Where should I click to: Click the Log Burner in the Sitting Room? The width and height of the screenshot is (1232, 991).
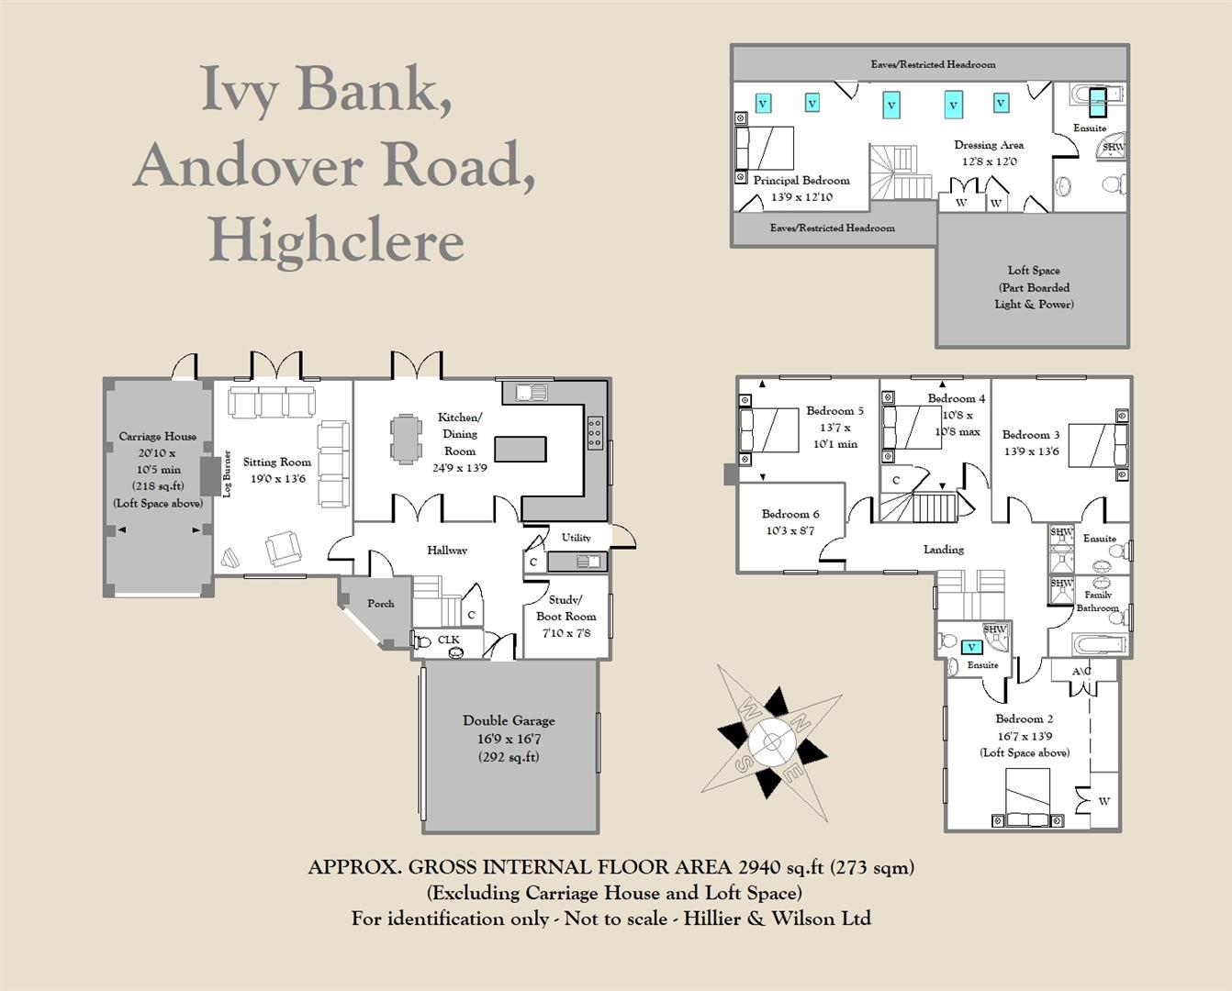click(x=207, y=474)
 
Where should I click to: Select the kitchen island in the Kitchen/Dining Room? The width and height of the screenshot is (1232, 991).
click(x=521, y=449)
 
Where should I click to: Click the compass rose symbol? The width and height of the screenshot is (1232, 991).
click(x=772, y=742)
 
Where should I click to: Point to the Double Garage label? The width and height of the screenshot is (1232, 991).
click(x=509, y=720)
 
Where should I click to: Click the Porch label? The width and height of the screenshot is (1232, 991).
click(x=381, y=603)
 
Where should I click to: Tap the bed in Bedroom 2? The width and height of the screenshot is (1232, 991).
click(x=1027, y=797)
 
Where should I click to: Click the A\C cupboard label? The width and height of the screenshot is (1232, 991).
click(x=1081, y=671)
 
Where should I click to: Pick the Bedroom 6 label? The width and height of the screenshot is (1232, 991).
click(x=790, y=514)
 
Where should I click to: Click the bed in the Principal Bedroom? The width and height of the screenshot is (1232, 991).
click(x=765, y=149)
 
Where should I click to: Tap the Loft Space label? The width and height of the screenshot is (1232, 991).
click(x=1034, y=270)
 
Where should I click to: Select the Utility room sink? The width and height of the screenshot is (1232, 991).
click(x=588, y=562)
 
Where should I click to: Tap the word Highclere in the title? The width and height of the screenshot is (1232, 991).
click(x=337, y=242)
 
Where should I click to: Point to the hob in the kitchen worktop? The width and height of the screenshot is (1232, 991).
click(x=595, y=432)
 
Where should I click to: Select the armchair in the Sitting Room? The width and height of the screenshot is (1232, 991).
click(x=283, y=549)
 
